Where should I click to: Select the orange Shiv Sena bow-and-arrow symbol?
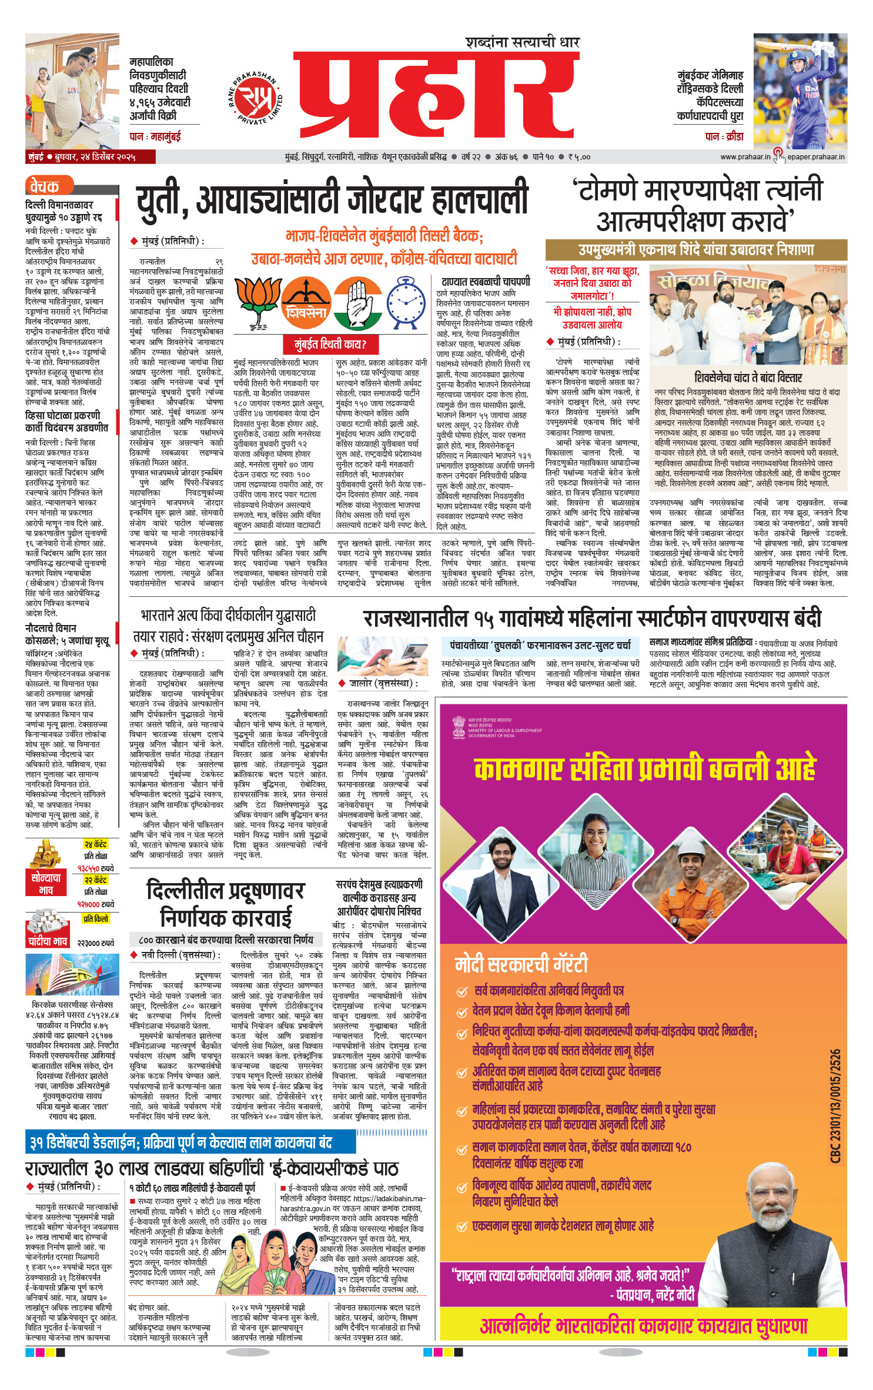tap(306, 303)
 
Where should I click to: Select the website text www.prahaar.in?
tap(745, 157)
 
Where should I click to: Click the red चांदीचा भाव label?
tap(48, 941)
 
